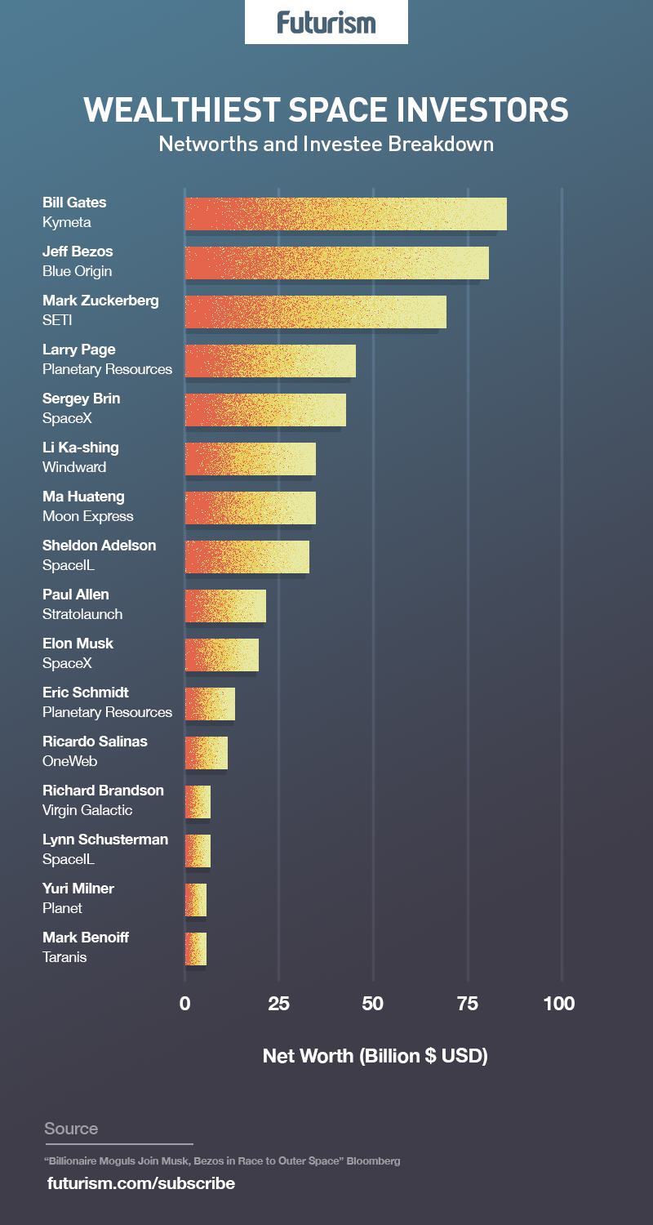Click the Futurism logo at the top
click(x=326, y=22)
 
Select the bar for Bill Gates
click(x=345, y=214)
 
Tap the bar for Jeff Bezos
click(x=336, y=263)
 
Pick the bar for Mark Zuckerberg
click(x=315, y=312)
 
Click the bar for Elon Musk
click(x=221, y=655)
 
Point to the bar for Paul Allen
click(x=225, y=606)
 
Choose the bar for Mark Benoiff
click(x=196, y=949)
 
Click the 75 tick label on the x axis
click(x=468, y=1004)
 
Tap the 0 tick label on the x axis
click(x=185, y=1004)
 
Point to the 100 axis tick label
click(x=559, y=1004)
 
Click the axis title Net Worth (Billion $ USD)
click(x=375, y=1055)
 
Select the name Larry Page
click(x=79, y=350)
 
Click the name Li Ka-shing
click(x=81, y=448)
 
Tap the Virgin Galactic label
click(x=87, y=810)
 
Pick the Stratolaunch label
click(x=82, y=614)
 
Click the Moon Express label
click(x=88, y=516)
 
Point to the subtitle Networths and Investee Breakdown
click(x=326, y=145)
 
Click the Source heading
click(x=71, y=1129)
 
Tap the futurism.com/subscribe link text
click(x=141, y=1183)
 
